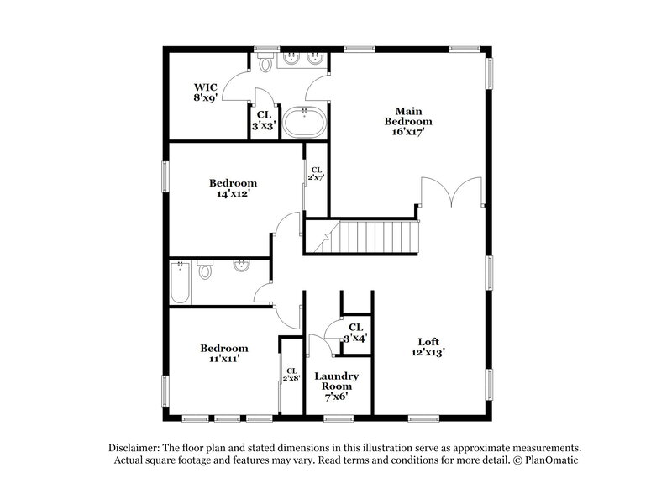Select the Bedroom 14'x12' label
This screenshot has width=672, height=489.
233,187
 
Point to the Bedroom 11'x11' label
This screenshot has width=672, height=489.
223,353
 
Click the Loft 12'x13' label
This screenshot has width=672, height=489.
428,347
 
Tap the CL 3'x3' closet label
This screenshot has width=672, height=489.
263,119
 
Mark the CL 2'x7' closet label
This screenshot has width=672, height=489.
316,174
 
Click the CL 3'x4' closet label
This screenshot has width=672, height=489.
355,332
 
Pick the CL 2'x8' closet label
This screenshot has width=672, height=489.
291,375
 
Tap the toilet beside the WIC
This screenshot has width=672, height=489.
265,63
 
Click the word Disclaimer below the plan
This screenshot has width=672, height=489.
135,448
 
